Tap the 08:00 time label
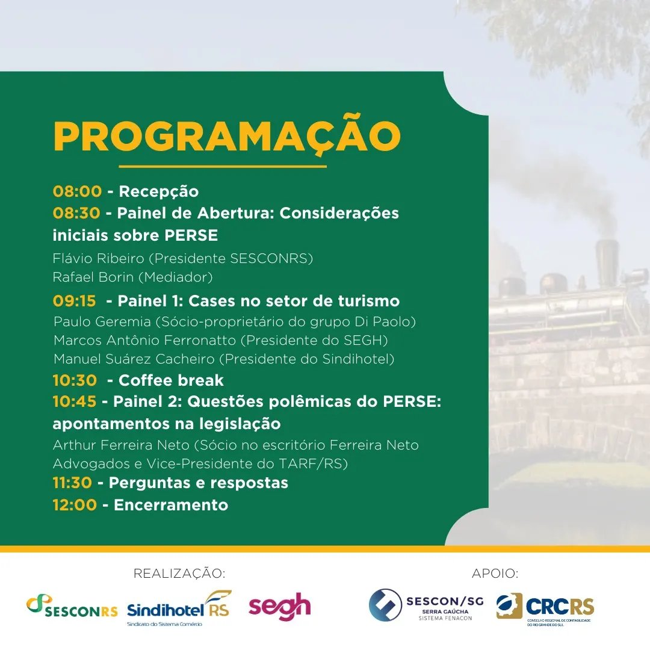click(77, 191)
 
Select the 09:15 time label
click(74, 300)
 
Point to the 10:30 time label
click(75, 380)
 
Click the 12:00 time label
click(75, 505)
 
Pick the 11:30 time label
click(72, 483)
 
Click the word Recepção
click(159, 191)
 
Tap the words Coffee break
click(171, 380)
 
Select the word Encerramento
click(171, 505)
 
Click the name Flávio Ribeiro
click(98, 258)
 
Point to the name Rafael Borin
click(93, 277)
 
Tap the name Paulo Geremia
click(102, 321)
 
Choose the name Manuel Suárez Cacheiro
click(134, 359)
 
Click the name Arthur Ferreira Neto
click(121, 445)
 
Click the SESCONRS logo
click(72, 606)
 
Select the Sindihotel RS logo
click(179, 608)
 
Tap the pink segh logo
click(280, 607)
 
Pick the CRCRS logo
click(545, 607)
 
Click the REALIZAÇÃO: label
click(179, 574)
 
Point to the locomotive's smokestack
click(607, 258)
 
